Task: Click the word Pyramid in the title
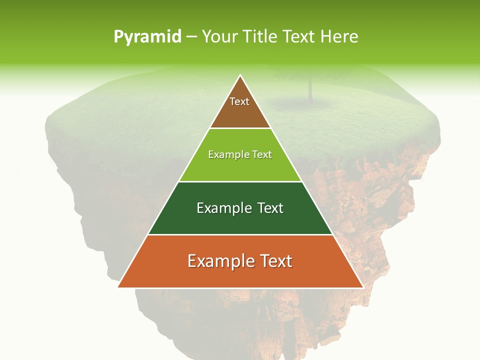coord(147,37)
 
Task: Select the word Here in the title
coord(339,36)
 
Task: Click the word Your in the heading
coord(221,36)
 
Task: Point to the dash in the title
coord(191,37)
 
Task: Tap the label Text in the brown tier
coord(239,101)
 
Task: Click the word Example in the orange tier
coord(220,261)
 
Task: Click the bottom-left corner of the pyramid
coord(118,287)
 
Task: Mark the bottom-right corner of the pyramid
coord(362,287)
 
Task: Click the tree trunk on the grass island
coord(310,90)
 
